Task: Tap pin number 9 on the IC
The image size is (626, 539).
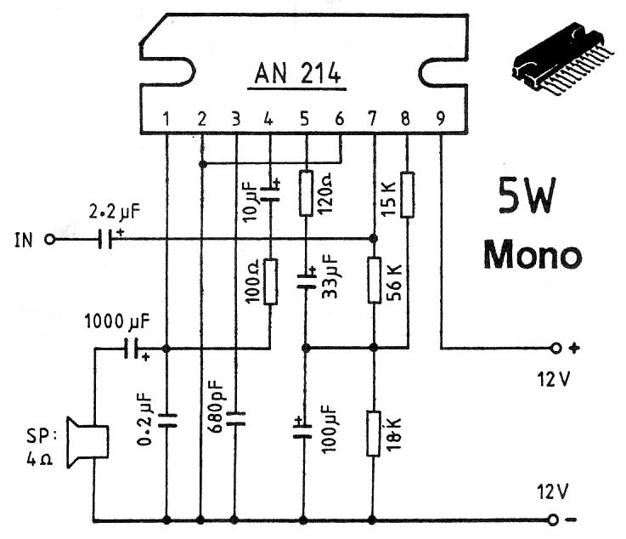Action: point(440,119)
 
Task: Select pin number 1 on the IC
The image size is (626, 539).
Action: point(167,119)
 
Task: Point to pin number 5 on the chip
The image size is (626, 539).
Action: point(305,119)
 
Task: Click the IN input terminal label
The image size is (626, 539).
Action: point(25,240)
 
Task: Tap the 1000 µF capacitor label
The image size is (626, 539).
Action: point(119,322)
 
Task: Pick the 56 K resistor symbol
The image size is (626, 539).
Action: point(374,281)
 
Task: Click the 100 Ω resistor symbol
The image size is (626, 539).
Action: point(270,281)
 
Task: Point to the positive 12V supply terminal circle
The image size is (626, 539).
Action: point(556,348)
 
